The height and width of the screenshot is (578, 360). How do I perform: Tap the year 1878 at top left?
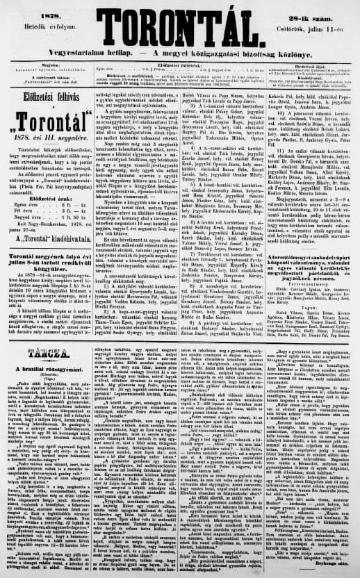[x=34, y=11]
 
